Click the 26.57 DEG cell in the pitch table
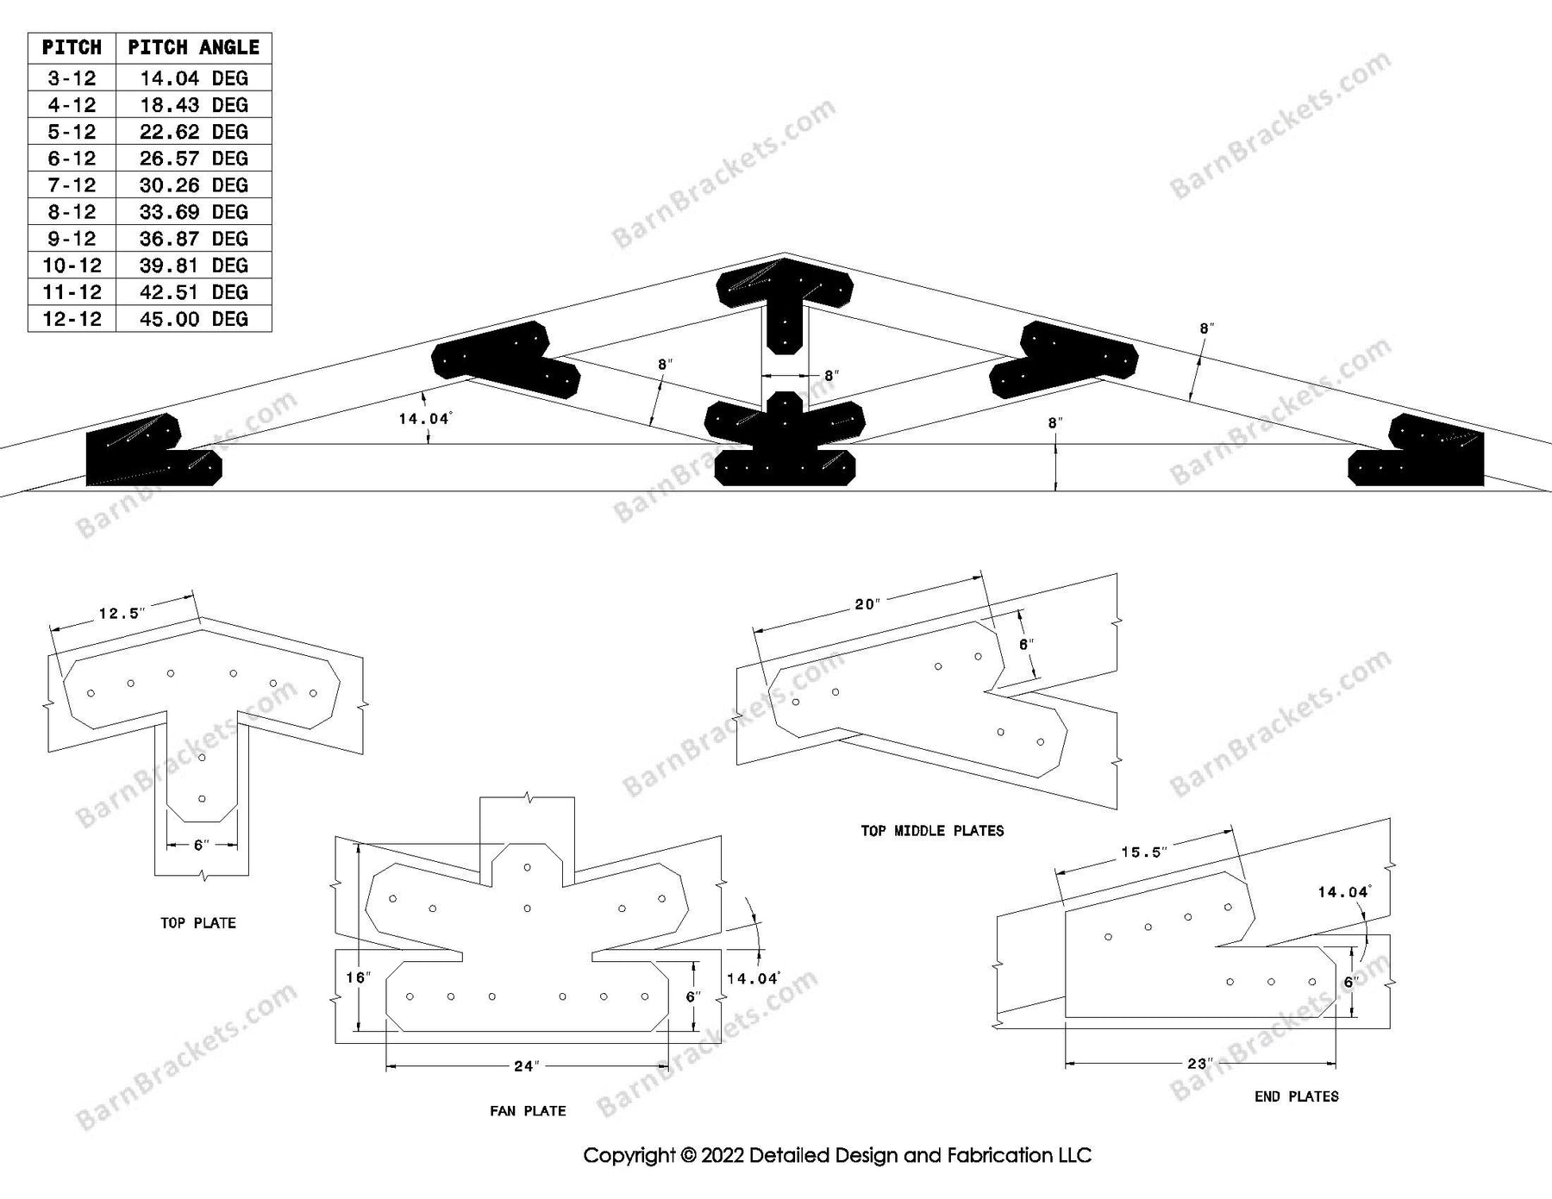pyautogui.click(x=193, y=159)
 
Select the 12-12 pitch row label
pyautogui.click(x=72, y=319)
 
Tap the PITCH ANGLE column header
pyautogui.click(x=193, y=47)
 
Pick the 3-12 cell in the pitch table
pyautogui.click(x=72, y=78)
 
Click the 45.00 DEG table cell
pyautogui.click(x=193, y=319)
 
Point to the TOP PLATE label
pyautogui.click(x=197, y=923)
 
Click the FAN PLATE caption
pyautogui.click(x=528, y=1111)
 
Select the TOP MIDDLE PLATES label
pyautogui.click(x=932, y=831)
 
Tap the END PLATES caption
pyautogui.click(x=1296, y=1096)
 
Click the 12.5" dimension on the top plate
pyautogui.click(x=122, y=614)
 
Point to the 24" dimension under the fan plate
pyautogui.click(x=526, y=1066)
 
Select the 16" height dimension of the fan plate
pyautogui.click(x=357, y=977)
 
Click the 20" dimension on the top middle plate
pyautogui.click(x=867, y=604)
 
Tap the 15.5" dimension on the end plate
pyautogui.click(x=1143, y=852)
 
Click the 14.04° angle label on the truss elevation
pyautogui.click(x=424, y=419)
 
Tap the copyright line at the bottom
pyautogui.click(x=837, y=1155)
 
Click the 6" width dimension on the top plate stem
pyautogui.click(x=201, y=846)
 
